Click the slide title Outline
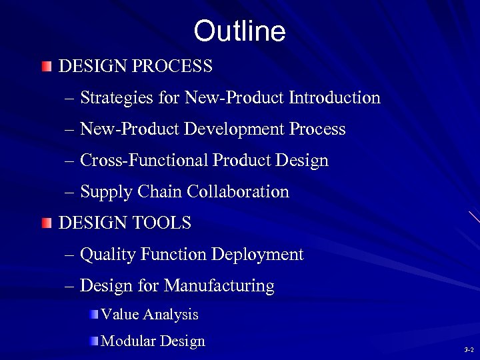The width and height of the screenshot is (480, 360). [239, 31]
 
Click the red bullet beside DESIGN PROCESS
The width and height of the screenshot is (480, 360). [45, 67]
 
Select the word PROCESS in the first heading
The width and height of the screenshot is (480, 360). [178, 67]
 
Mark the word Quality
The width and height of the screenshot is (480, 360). [107, 255]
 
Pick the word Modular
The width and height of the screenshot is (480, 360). [125, 341]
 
